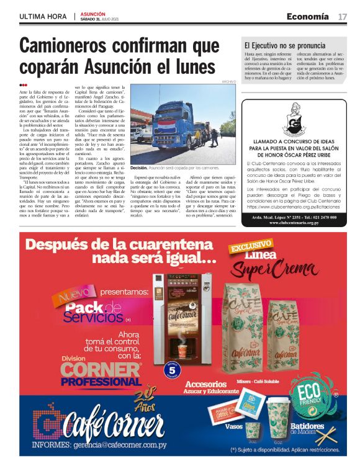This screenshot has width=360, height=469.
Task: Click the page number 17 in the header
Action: coord(342,17)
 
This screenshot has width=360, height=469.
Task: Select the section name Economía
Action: coord(308,17)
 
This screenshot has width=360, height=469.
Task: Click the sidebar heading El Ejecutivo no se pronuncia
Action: coord(285,45)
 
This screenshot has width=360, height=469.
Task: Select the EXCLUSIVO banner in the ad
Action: coord(251,248)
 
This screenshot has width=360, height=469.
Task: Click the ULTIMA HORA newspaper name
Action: coord(43,17)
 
